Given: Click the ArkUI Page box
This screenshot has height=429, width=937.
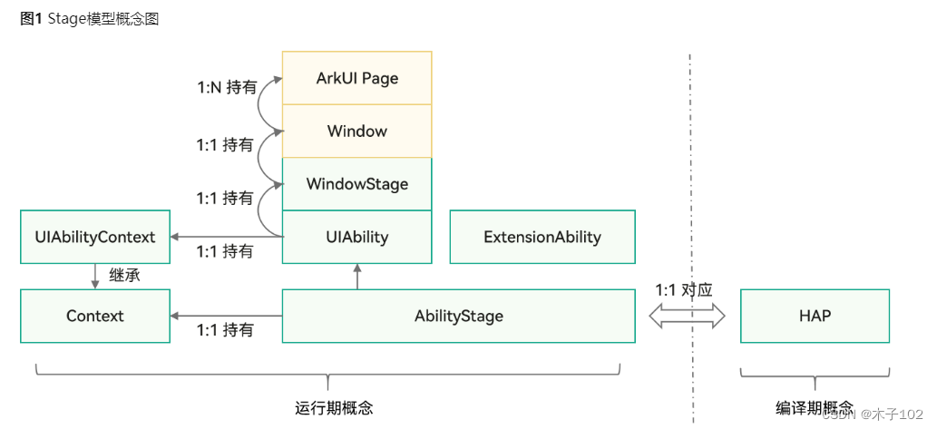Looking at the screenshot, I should click(x=356, y=78).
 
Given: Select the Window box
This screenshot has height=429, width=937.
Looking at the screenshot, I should click(x=356, y=131).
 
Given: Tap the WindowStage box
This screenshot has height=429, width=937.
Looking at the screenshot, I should click(x=356, y=184).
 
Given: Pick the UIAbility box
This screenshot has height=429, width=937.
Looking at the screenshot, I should click(x=356, y=238).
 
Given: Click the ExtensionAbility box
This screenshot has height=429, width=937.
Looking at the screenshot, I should click(x=542, y=238).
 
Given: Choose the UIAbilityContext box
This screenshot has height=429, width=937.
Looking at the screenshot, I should click(x=95, y=238).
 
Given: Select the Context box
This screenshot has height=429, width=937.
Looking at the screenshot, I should click(x=95, y=316).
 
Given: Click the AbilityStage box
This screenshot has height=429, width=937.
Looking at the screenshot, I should click(x=458, y=316).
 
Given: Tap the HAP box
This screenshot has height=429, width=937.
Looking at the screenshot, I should click(x=815, y=316).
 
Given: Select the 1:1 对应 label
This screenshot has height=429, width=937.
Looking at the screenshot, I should click(x=684, y=290).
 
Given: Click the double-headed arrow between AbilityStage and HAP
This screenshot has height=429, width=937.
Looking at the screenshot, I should click(x=687, y=316).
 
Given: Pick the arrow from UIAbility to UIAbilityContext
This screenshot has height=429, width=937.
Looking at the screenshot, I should click(x=226, y=238).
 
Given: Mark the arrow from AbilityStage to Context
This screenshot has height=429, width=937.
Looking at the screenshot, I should click(x=226, y=316).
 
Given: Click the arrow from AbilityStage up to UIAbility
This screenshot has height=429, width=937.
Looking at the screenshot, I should click(x=356, y=277).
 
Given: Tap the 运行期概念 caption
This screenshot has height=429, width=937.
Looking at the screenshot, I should click(x=334, y=408).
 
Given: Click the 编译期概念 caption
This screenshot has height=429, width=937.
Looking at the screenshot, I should click(x=815, y=407).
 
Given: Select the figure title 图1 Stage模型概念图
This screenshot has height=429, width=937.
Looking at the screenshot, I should click(x=89, y=19).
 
